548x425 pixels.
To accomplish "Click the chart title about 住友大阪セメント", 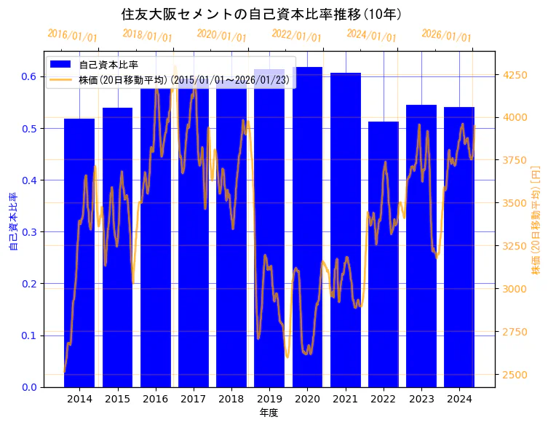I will (x=261, y=14).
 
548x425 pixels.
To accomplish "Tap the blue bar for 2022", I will (x=383, y=254).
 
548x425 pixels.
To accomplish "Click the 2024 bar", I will (x=459, y=247).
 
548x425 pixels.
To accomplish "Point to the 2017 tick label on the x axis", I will (x=193, y=399).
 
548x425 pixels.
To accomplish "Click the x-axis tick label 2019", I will (x=269, y=399).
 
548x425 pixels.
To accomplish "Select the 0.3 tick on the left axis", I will (x=31, y=232).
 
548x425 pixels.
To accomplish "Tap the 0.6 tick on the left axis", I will (x=31, y=76).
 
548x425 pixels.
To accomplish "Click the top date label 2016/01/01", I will (x=72, y=36).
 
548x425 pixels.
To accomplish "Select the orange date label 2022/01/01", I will (x=296, y=36).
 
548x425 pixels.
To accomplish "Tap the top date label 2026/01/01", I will (x=446, y=36).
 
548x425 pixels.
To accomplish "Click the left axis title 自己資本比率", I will (x=12, y=221).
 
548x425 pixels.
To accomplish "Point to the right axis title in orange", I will (x=536, y=219).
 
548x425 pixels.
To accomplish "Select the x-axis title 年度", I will (x=269, y=413).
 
